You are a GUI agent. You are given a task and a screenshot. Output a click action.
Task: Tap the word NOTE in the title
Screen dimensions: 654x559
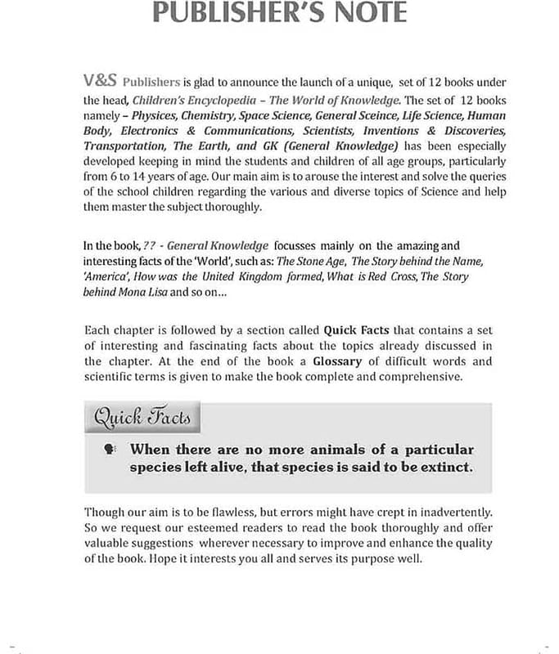(366, 13)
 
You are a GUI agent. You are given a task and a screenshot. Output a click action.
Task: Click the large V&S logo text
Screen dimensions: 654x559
(101, 80)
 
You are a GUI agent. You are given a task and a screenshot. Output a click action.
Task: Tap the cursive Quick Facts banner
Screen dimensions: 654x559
(142, 418)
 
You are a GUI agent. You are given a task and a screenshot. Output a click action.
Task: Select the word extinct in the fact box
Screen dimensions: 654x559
(444, 467)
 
